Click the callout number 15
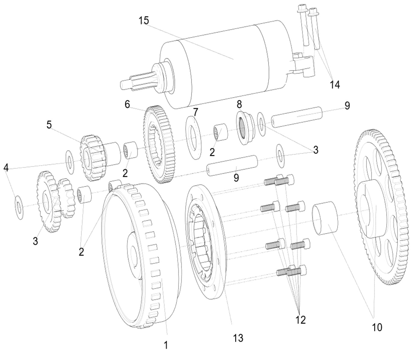point(144,21)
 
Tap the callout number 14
point(335,85)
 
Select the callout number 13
point(238,338)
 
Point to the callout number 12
point(301,319)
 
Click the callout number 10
point(377,327)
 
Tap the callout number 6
point(127,104)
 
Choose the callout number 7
point(196,112)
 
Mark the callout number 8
point(239,104)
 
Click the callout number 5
point(49,125)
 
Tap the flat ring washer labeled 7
point(193,137)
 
